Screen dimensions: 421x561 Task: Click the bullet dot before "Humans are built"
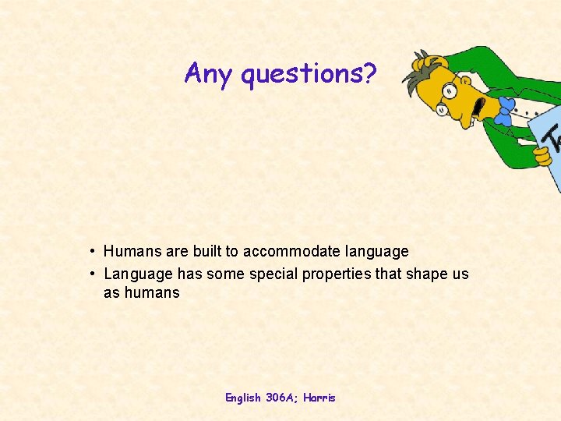tap(92, 251)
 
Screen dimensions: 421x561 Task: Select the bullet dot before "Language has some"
tap(92, 274)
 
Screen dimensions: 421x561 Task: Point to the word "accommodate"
tap(291, 251)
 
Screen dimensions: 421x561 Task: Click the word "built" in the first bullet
tap(205, 251)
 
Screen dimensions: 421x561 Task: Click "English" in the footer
tap(243, 398)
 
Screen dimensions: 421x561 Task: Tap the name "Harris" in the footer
tap(320, 398)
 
